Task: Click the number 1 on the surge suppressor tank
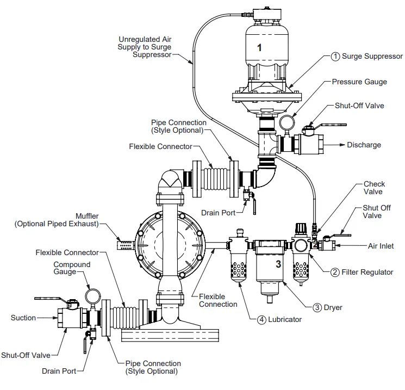(x=259, y=47)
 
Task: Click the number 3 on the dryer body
(x=278, y=264)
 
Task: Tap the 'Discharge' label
(x=364, y=145)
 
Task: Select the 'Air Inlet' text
(x=381, y=246)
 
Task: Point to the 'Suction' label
(x=23, y=318)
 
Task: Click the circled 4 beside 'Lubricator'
(x=262, y=319)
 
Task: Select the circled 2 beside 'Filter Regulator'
(x=335, y=272)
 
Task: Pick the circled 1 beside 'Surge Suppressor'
(x=335, y=56)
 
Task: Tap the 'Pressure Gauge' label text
(x=359, y=82)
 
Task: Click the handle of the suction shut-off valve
(x=52, y=298)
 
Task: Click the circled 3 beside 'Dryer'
(x=317, y=307)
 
